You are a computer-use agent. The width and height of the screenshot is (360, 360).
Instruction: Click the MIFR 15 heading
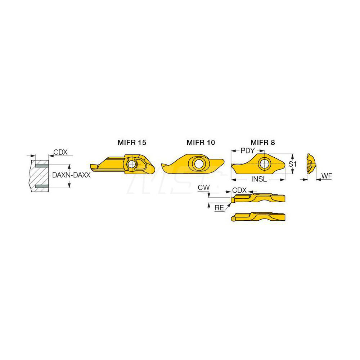(132, 143)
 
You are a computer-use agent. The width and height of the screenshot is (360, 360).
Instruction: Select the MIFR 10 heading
(201, 143)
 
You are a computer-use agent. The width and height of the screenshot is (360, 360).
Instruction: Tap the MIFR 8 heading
(262, 143)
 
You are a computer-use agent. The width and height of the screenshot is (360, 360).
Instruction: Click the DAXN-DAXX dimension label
(71, 175)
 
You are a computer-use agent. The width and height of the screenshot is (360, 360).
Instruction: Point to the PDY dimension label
(248, 150)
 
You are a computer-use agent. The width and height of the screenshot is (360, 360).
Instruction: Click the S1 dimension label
(293, 164)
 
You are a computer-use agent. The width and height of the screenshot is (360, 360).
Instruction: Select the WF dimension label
(326, 176)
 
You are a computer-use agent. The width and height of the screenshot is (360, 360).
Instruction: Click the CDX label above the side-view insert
(239, 190)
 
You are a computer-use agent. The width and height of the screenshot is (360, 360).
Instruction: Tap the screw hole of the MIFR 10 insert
(198, 164)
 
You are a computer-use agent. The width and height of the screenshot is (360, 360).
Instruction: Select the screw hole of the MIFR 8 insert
(265, 164)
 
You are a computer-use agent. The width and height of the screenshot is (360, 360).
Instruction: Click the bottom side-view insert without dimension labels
(258, 217)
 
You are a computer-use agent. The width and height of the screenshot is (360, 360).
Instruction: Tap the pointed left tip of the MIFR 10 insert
(163, 165)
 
